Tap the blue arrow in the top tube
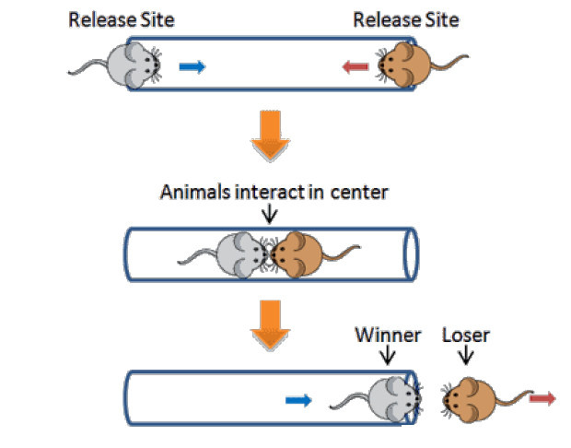pyautogui.click(x=192, y=66)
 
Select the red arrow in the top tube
pyautogui.click(x=355, y=66)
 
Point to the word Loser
pyautogui.click(x=465, y=334)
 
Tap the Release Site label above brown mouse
pyautogui.click(x=406, y=19)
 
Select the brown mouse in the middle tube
pyautogui.click(x=297, y=253)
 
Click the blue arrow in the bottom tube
pyautogui.click(x=298, y=399)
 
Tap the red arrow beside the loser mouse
pyautogui.click(x=543, y=398)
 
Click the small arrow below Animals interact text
pyautogui.click(x=269, y=215)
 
